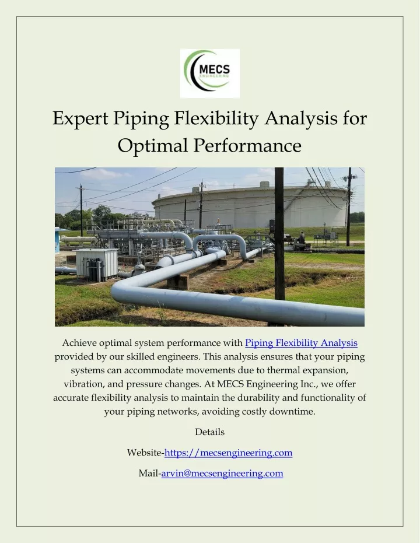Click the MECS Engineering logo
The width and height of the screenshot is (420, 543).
coord(210,73)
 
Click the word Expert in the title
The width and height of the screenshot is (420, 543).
coord(80,118)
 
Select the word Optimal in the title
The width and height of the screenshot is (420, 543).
coord(153,145)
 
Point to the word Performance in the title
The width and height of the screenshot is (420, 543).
coord(247,145)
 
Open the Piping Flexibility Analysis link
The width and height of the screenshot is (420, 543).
coord(301,343)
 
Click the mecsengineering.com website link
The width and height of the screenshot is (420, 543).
coord(229,453)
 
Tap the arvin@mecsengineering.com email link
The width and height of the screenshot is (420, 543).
coord(222,473)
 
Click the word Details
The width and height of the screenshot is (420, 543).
coord(210,432)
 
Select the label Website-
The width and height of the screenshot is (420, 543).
coord(145,453)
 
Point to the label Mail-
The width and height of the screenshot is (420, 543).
coord(150,473)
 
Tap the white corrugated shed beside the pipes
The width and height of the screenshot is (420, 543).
coord(97,264)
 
